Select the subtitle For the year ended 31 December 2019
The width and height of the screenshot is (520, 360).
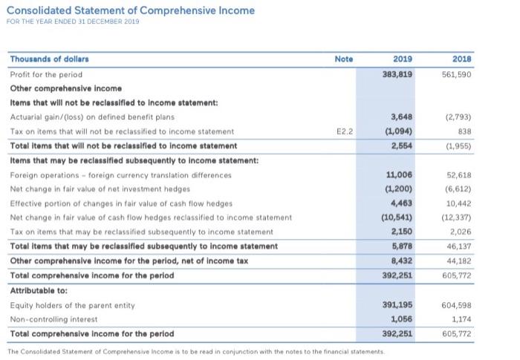tap(74, 22)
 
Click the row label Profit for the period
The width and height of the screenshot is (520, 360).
tap(46, 75)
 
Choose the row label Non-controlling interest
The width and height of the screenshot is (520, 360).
tap(53, 318)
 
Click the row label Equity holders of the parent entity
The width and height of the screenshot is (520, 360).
tap(72, 304)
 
